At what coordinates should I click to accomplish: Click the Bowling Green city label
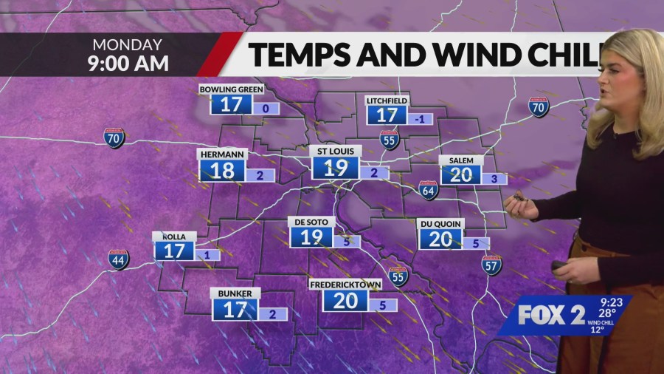232,89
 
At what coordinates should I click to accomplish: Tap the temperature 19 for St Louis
336,167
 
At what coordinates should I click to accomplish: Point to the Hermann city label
221,154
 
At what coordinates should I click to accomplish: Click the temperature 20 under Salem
461,174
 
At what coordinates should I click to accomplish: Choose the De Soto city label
311,222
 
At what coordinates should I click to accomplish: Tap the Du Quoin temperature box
440,239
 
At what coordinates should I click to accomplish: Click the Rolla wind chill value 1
208,256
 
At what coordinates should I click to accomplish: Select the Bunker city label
235,293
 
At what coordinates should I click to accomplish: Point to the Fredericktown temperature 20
345,299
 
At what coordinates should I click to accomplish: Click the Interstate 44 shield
118,259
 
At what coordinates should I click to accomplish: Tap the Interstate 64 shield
429,190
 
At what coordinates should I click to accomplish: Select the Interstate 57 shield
492,265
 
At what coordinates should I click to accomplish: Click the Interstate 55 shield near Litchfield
390,140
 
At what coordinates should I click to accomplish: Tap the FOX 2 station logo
551,314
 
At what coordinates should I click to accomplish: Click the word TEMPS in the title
295,54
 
